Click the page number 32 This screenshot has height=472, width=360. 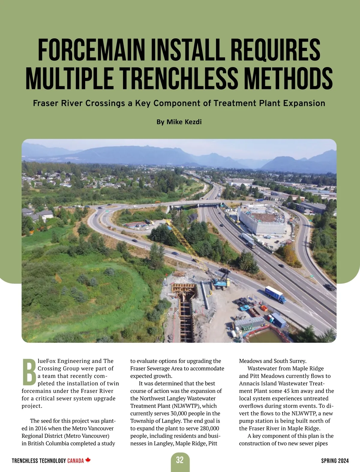pos(180,460)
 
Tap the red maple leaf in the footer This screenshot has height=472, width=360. pos(88,460)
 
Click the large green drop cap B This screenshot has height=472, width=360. pos(29,372)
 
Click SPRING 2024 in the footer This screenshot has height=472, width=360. pos(335,461)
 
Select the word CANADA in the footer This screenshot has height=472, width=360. pos(75,461)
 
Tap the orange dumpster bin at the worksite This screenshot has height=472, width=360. pos(264,308)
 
